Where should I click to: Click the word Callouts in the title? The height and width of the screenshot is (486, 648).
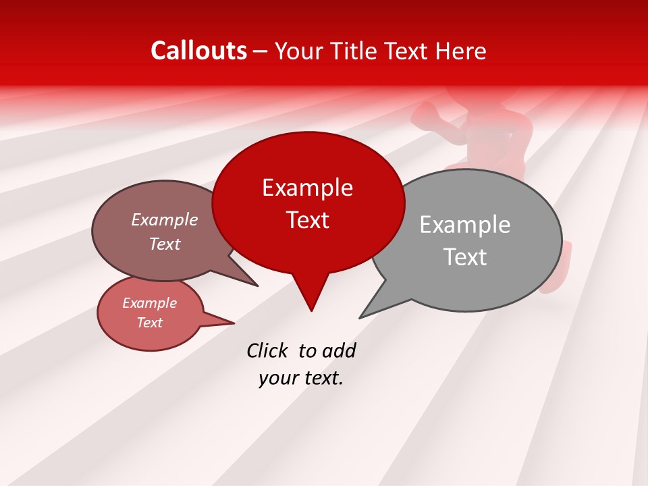[199, 51]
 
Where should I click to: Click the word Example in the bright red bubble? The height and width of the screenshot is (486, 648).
[307, 188]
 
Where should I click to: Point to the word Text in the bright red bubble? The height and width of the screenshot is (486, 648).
[307, 220]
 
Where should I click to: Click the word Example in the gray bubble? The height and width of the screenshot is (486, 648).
[465, 225]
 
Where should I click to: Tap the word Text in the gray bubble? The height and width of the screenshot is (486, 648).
[465, 257]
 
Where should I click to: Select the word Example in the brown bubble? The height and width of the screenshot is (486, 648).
[165, 219]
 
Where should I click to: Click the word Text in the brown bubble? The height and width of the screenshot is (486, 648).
[165, 244]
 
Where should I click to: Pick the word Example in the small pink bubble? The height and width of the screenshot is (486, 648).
[150, 303]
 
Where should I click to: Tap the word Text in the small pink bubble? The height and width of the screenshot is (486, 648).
[150, 323]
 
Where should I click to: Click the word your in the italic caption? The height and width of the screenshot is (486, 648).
[277, 378]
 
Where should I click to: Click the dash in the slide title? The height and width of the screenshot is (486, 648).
[261, 51]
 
